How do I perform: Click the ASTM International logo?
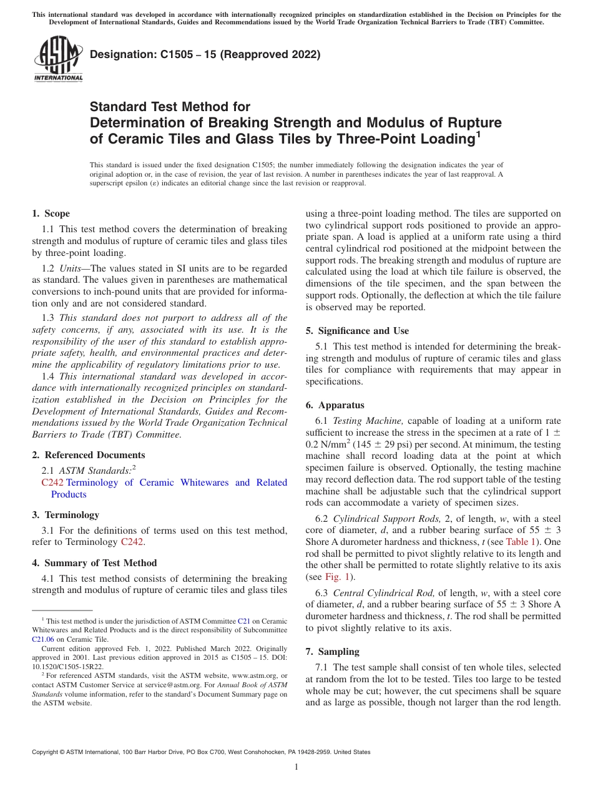[57, 59]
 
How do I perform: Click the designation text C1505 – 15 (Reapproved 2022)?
[205, 54]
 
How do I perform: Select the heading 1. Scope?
[51, 213]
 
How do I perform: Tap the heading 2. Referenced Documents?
[89, 455]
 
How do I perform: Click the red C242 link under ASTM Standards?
[52, 483]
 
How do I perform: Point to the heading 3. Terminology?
[66, 515]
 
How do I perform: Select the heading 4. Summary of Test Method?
[94, 562]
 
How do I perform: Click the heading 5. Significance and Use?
[357, 330]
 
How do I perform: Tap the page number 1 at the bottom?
[296, 767]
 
